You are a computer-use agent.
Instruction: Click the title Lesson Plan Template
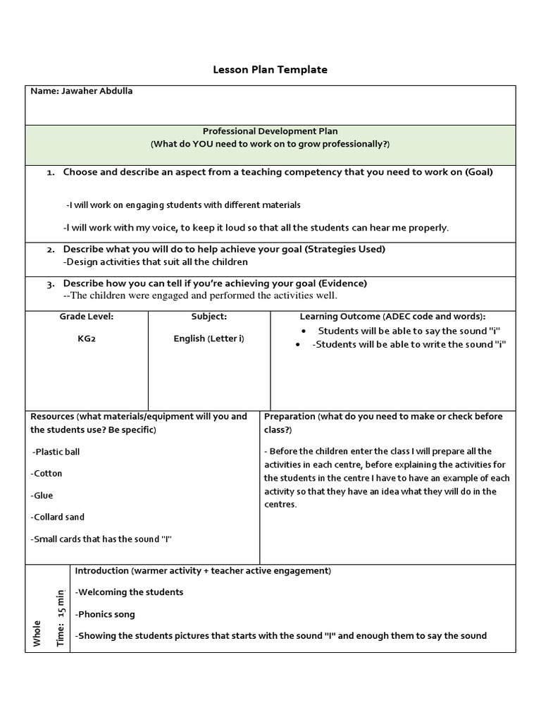[270, 70]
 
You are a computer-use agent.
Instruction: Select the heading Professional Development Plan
[270, 131]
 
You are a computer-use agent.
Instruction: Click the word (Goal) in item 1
[479, 172]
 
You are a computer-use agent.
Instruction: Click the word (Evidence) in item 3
[342, 283]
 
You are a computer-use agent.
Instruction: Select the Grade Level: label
[87, 317]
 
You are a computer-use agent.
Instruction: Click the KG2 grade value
[87, 338]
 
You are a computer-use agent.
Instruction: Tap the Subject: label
[209, 317]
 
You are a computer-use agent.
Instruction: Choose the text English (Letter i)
[209, 338]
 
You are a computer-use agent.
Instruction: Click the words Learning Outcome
[340, 317]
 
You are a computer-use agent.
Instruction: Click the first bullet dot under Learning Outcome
[304, 331]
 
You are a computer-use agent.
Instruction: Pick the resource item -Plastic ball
[56, 451]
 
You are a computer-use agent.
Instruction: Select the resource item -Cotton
[46, 473]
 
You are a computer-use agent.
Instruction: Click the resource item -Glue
[42, 495]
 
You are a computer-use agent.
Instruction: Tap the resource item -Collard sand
[58, 517]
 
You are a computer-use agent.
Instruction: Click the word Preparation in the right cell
[290, 416]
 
